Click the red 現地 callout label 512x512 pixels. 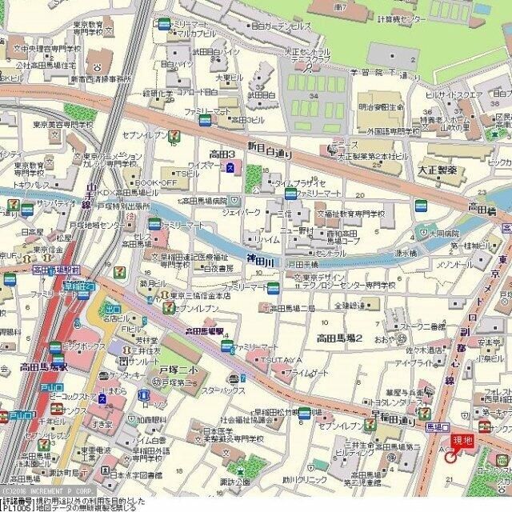click(462, 439)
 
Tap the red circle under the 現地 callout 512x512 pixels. click(450, 458)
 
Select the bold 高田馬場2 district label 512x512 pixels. click(340, 338)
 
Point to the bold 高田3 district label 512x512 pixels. click(222, 154)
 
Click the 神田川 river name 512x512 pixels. click(260, 261)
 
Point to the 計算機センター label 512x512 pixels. click(390, 18)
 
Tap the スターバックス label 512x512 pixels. click(223, 390)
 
